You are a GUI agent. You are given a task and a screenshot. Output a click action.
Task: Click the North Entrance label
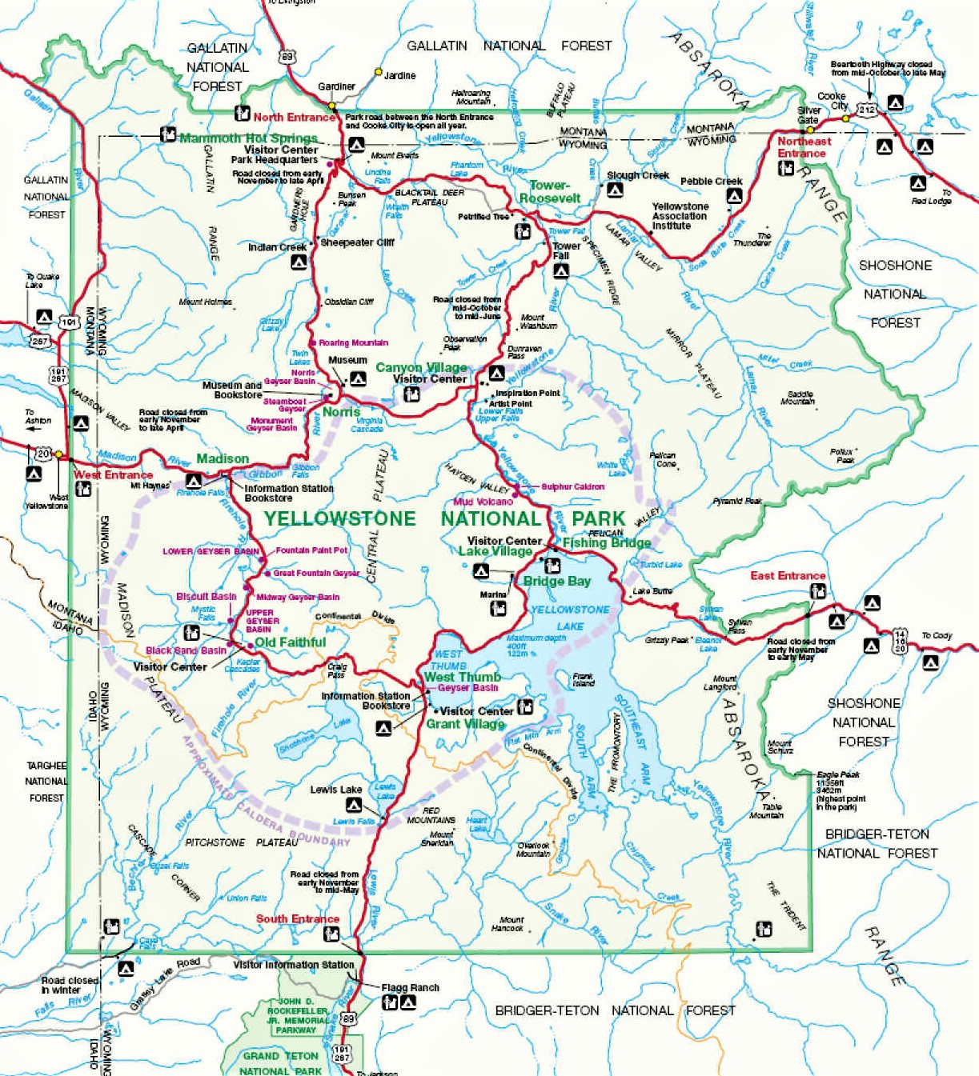(294, 117)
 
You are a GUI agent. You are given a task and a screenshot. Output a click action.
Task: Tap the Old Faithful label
(290, 642)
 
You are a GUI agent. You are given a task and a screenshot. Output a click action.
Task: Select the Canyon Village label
(421, 367)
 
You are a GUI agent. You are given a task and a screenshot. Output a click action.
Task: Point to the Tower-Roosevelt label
(550, 192)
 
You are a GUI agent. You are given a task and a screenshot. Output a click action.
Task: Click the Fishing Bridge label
(606, 542)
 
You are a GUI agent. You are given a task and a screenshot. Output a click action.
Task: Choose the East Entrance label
(787, 575)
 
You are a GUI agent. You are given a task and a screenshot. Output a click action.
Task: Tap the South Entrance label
(297, 918)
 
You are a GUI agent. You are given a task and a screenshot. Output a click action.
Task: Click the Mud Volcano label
(483, 502)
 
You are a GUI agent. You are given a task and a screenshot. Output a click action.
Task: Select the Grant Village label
(465, 724)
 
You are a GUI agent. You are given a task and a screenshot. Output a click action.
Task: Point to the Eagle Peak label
(837, 774)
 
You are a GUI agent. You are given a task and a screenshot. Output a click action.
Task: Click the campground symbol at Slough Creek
(615, 190)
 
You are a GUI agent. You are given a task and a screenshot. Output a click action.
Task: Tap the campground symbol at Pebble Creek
(734, 195)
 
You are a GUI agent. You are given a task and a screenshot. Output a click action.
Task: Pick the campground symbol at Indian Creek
(299, 262)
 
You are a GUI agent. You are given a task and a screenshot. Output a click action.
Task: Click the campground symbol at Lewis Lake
(353, 805)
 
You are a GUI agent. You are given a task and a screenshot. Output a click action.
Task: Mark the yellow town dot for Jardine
(379, 72)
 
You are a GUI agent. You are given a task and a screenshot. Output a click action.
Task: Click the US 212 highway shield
(867, 110)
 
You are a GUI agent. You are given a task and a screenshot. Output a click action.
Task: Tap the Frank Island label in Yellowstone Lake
(583, 680)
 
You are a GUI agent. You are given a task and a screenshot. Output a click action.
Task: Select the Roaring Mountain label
(353, 342)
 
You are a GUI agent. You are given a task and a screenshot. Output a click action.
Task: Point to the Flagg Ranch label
(410, 987)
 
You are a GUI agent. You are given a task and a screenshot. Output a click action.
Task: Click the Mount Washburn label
(538, 322)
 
